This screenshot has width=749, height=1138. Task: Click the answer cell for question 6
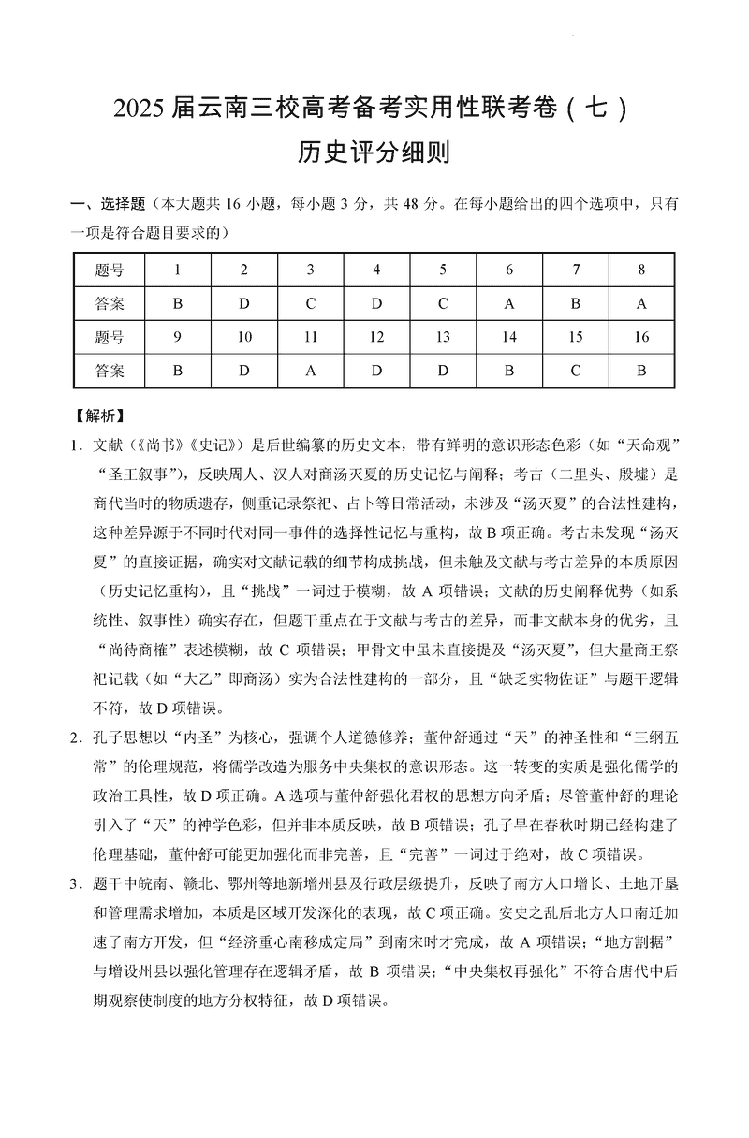point(509,304)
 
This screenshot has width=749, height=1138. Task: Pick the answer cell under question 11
point(311,371)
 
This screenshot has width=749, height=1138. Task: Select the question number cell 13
point(443,338)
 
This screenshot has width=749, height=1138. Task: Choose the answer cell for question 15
point(575,371)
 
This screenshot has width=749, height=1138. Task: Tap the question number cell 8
point(641,270)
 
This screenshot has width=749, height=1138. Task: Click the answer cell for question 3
point(311,304)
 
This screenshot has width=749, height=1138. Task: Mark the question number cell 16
point(641,338)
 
